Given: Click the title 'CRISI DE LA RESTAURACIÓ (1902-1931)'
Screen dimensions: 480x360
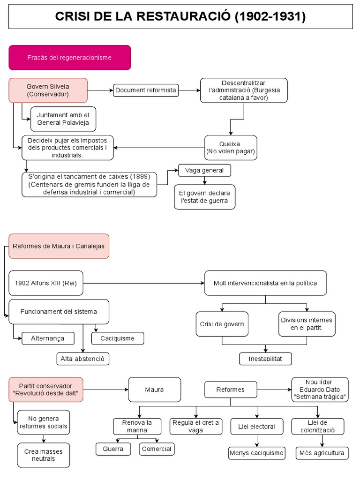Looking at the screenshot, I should (180, 17).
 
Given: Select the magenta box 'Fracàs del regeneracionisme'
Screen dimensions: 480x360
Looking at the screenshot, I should (69, 58).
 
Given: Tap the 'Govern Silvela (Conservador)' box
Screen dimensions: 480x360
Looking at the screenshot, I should (48, 90).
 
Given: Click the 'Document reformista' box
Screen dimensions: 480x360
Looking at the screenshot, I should (146, 90).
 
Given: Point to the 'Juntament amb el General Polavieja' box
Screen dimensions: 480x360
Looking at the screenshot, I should (63, 119).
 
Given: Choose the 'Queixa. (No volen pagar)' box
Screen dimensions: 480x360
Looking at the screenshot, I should (231, 147).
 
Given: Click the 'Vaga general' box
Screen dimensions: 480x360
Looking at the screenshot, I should (204, 170).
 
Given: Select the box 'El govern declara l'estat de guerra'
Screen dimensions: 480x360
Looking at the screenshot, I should (204, 197).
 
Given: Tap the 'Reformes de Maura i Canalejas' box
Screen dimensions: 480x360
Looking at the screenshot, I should (59, 246).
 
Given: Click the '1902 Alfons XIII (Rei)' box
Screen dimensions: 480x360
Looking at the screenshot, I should (46, 283).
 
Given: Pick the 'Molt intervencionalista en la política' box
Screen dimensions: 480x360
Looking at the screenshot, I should (265, 283).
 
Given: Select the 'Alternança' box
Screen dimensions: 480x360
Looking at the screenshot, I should (48, 338).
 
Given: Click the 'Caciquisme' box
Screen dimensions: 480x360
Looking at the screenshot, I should (117, 338).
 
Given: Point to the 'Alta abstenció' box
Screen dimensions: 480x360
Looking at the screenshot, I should (83, 359).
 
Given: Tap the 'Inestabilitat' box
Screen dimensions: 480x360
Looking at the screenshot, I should (265, 359).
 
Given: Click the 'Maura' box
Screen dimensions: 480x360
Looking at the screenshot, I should (154, 390).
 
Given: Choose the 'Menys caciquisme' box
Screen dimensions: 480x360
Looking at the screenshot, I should (257, 453).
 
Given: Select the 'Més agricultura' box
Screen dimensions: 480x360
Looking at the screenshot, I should (322, 453).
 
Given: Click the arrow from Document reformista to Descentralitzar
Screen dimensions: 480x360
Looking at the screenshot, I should (189, 90).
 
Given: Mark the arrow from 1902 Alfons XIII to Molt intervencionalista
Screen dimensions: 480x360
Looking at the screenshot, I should (144, 283).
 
